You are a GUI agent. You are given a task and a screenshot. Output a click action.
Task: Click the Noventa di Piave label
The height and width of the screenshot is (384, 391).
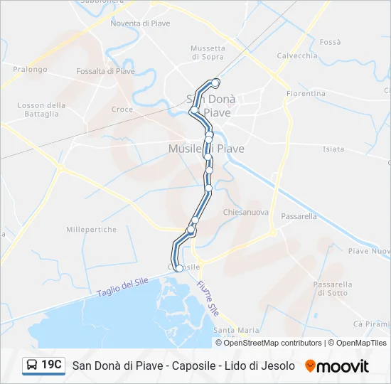(x=140, y=23)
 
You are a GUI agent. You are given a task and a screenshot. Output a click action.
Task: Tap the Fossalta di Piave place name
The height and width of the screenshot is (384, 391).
(x=105, y=71)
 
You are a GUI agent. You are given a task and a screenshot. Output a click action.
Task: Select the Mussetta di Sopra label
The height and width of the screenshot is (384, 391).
(x=208, y=53)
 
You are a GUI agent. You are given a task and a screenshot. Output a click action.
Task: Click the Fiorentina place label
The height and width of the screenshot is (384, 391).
(x=306, y=94)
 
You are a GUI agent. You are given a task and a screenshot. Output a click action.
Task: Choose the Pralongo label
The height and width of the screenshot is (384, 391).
(x=29, y=70)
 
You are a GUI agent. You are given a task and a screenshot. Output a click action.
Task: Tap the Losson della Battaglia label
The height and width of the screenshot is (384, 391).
(x=41, y=110)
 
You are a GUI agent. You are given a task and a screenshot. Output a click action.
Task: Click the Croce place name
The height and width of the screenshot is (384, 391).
(x=122, y=110)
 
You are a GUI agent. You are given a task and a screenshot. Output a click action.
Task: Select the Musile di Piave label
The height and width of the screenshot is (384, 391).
(x=206, y=149)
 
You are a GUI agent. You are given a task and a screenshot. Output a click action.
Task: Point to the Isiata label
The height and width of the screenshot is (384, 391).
(x=333, y=149)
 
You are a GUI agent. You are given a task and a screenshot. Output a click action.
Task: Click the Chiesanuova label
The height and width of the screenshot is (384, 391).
(x=245, y=213)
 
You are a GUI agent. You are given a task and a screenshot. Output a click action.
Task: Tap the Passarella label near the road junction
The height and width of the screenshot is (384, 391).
(x=299, y=216)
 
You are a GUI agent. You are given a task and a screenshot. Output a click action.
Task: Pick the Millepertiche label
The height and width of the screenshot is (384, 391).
(x=91, y=230)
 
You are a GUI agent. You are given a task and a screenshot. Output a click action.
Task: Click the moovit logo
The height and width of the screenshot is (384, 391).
(x=337, y=366)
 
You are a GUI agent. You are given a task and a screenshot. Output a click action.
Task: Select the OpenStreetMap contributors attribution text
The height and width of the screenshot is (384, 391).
(x=273, y=343)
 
